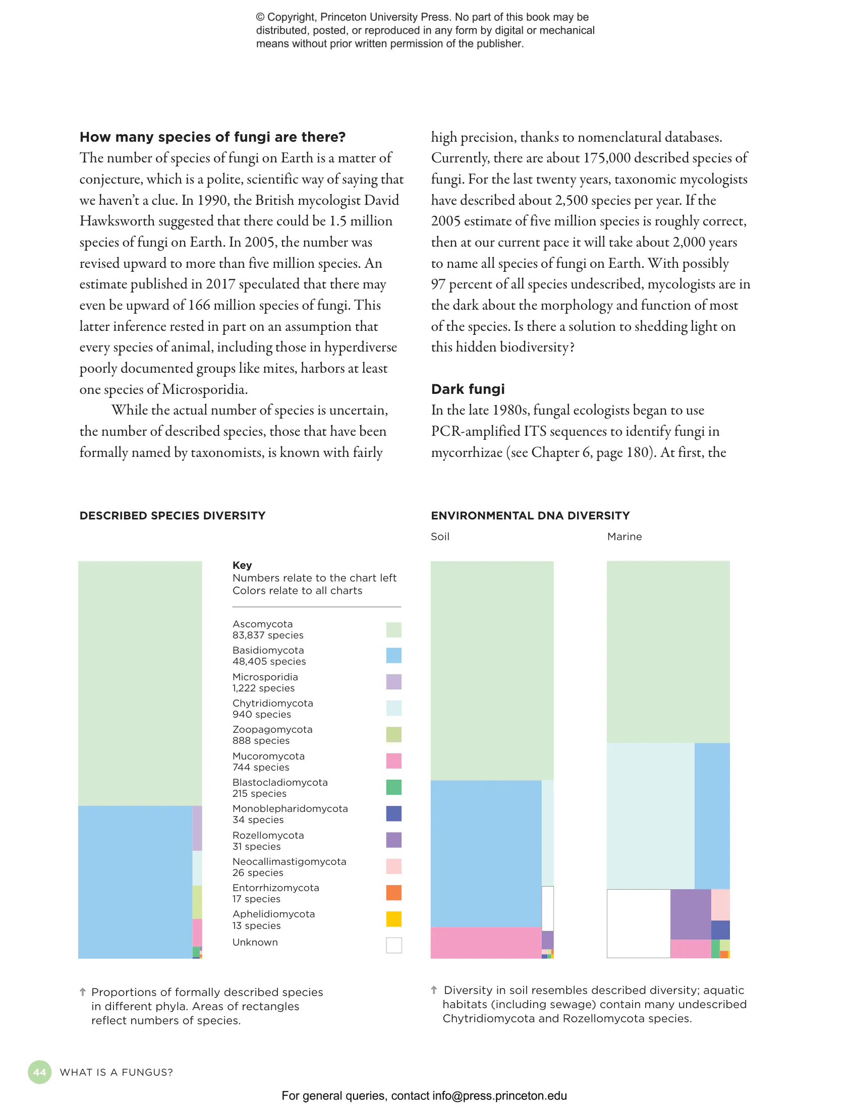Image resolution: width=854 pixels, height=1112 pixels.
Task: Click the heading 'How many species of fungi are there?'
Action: pos(212,137)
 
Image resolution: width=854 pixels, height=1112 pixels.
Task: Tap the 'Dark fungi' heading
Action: pos(468,389)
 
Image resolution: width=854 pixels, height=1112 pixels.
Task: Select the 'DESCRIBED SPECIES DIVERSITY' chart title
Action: pos(173,515)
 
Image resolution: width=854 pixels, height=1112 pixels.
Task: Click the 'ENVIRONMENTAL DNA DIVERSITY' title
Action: pos(530,515)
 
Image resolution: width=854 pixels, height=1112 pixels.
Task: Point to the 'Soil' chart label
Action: pos(440,537)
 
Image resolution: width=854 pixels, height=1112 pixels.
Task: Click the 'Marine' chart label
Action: pos(624,537)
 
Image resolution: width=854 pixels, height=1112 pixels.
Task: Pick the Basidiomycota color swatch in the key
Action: pos(393,655)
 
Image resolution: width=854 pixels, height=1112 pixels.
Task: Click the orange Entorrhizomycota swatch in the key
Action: pos(393,893)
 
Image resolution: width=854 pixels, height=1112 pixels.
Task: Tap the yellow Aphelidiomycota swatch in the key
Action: pos(393,919)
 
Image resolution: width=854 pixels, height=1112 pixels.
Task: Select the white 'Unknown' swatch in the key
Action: pos(393,945)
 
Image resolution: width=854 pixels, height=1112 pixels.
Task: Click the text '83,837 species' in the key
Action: pos(268,635)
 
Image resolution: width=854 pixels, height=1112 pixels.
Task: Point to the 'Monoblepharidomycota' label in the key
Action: pos(290,808)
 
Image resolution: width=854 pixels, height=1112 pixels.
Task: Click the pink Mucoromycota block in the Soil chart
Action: pos(485,942)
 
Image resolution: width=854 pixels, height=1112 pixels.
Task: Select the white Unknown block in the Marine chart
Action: pos(639,923)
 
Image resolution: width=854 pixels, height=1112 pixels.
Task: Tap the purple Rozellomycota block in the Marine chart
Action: pos(691,914)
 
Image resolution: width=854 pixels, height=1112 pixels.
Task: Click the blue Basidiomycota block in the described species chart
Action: pos(135,882)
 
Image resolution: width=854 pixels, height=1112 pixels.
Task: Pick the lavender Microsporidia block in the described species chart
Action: pos(197,828)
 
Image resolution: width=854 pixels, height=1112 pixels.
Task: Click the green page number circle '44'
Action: pos(40,1072)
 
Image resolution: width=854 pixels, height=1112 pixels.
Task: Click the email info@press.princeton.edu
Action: pos(499,1096)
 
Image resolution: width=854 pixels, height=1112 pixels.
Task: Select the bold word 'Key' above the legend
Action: pos(242,565)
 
